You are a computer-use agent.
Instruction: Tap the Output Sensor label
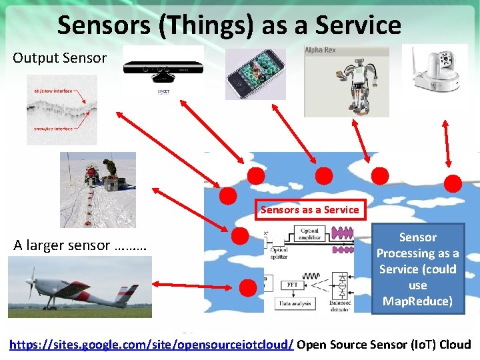click(x=59, y=58)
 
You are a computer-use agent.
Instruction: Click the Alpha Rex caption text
click(x=319, y=51)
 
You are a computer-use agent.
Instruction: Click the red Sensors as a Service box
click(x=310, y=209)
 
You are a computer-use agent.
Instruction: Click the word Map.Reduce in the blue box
click(x=417, y=301)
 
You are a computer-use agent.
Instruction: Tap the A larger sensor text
click(x=80, y=245)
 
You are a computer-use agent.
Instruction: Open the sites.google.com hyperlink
click(x=151, y=345)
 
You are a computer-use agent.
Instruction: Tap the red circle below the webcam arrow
click(x=453, y=183)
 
